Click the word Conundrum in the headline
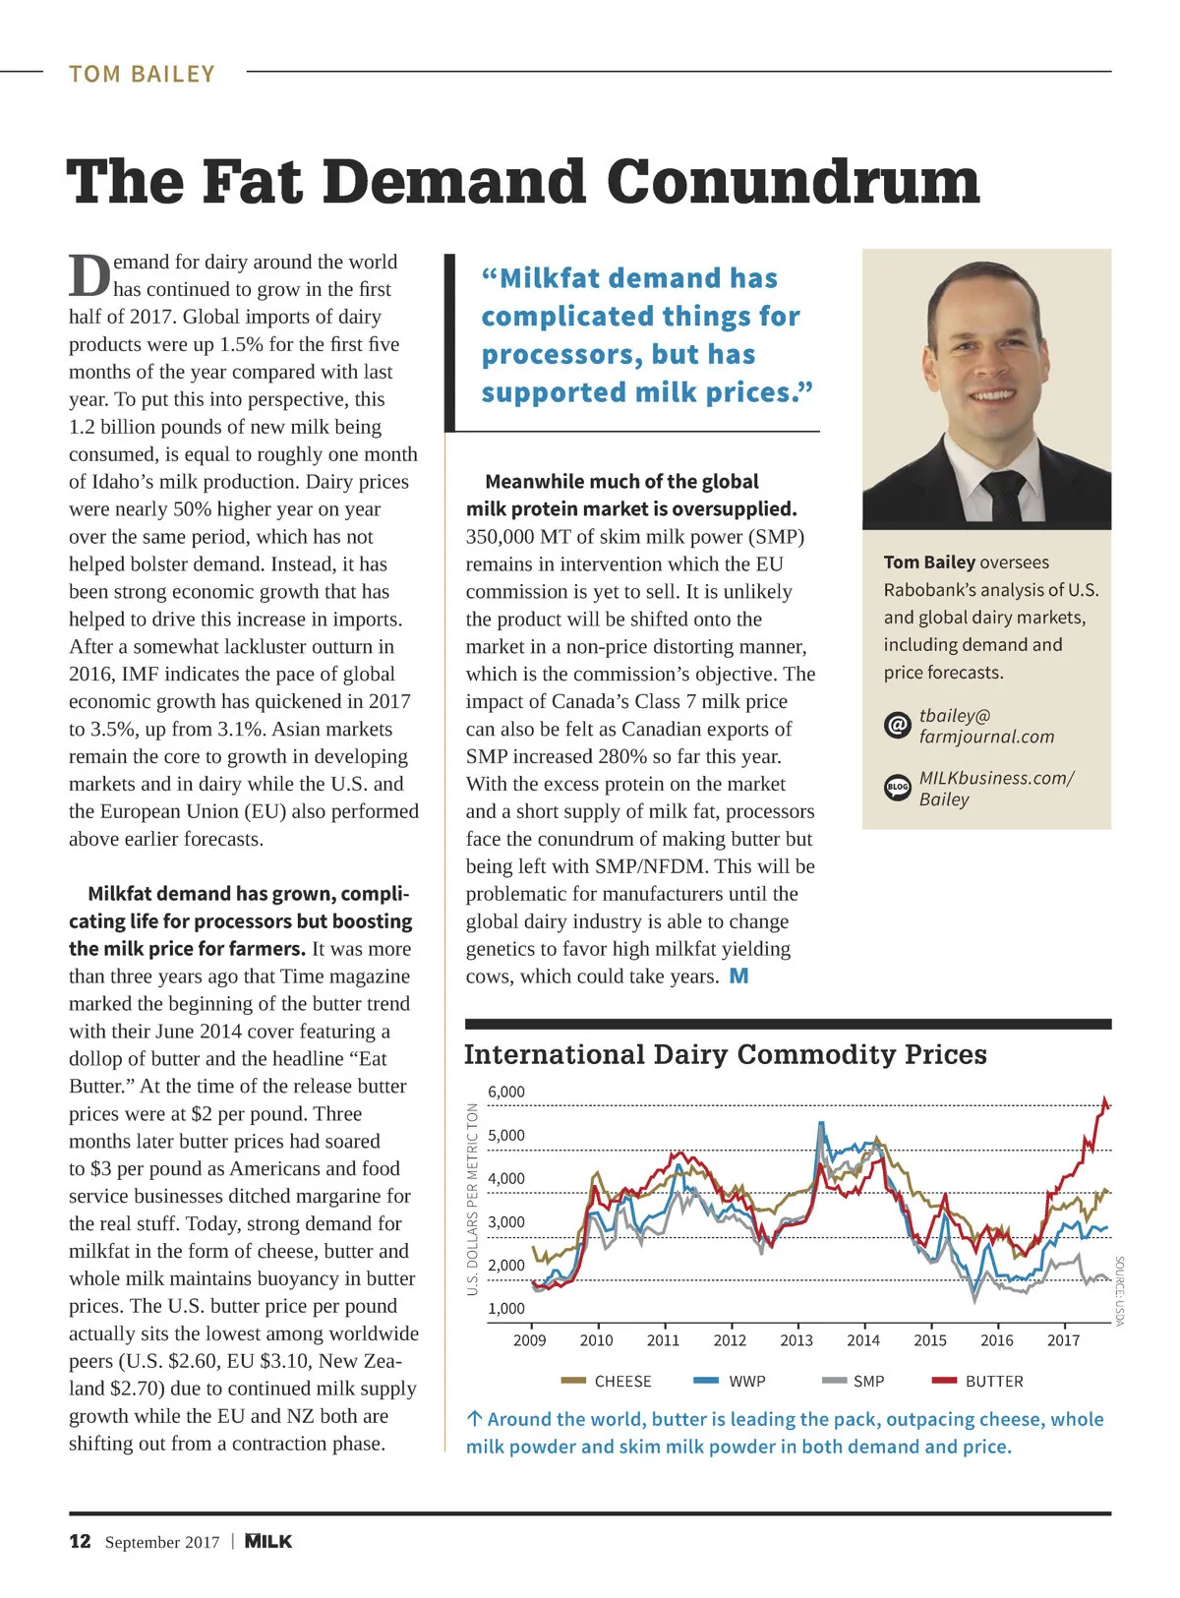[793, 183]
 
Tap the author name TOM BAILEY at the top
[142, 74]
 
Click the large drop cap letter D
[88, 276]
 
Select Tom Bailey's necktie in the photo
[1002, 497]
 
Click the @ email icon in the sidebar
[897, 726]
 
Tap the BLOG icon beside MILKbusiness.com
[897, 788]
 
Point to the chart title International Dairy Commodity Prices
[725, 1054]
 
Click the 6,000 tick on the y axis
[506, 1092]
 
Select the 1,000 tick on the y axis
[506, 1309]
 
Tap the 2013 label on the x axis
[796, 1340]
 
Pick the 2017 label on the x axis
[1063, 1340]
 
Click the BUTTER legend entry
[993, 1382]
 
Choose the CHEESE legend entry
[622, 1382]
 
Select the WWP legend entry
[746, 1382]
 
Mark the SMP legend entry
[868, 1382]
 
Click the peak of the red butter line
[1105, 1098]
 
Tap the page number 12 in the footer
[80, 1541]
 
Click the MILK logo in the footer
[268, 1541]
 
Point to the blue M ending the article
[738, 977]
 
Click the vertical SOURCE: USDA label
[1119, 1290]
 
